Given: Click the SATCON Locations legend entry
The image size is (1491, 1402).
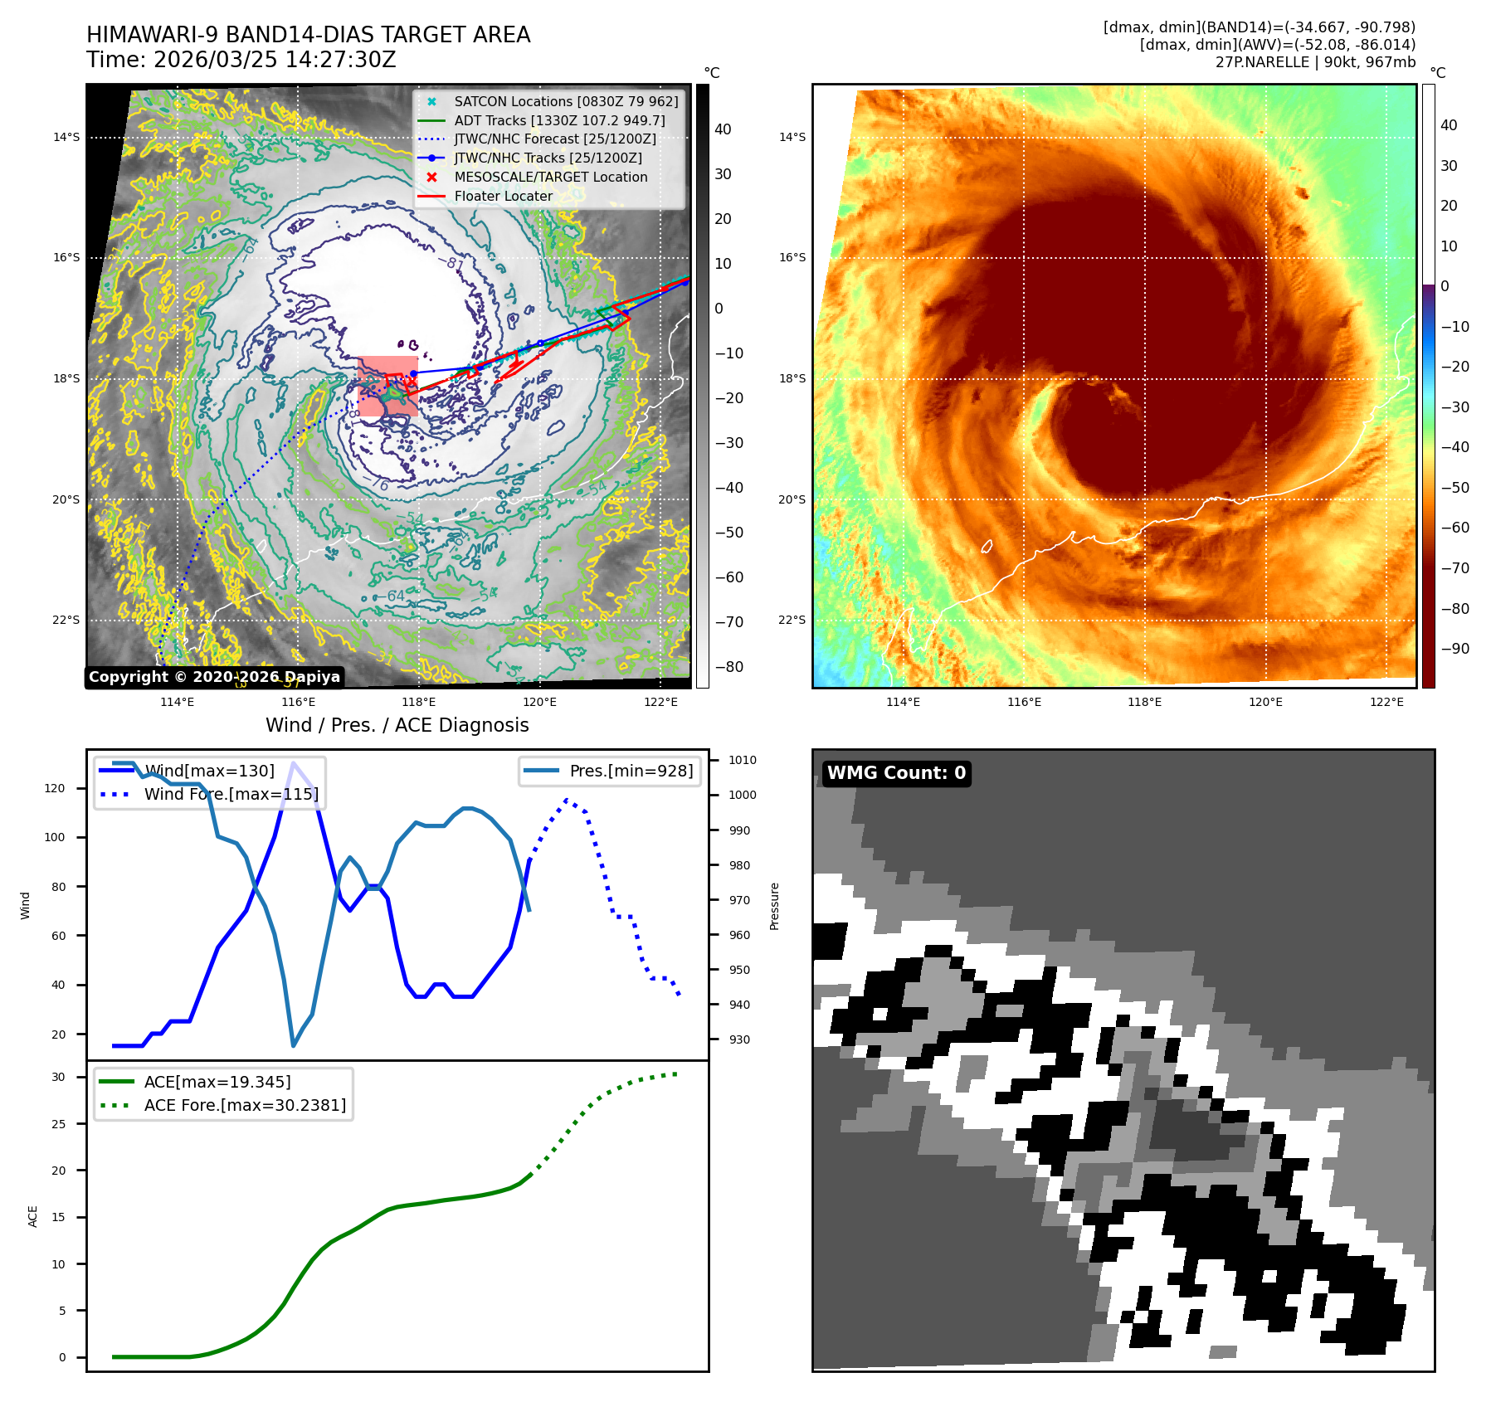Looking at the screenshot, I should pos(566,101).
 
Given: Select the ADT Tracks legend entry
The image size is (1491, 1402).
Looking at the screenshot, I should pos(559,120).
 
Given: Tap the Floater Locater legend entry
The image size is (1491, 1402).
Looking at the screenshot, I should pos(503,196).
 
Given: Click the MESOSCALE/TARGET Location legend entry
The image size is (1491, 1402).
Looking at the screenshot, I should pos(550,177).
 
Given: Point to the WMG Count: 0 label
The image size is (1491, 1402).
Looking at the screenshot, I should pos(896,773).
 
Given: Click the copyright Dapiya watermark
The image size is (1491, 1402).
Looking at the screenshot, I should pos(214,677).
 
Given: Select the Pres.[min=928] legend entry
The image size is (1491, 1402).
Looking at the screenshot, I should pos(631,771).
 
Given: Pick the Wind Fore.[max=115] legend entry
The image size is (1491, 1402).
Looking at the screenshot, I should pos(231,794).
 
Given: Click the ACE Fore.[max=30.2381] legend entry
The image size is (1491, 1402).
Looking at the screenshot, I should pos(245,1105).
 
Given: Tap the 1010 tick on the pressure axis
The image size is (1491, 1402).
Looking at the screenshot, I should pos(743,760).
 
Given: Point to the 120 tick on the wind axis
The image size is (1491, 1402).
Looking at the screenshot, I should pos(55,788).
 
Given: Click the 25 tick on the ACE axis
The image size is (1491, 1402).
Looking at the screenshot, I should pos(58,1124).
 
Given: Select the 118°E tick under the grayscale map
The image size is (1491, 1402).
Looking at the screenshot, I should pos(419,702).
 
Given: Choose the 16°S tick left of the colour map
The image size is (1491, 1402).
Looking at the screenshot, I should pos(792,257).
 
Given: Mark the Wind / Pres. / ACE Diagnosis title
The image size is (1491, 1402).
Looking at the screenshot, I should pos(397,725).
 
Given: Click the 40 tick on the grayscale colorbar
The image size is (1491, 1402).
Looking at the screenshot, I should pos(723,129).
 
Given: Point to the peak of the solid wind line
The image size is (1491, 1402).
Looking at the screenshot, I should pos(293,762).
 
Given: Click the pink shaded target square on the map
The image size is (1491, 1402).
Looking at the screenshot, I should pos(387,386).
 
